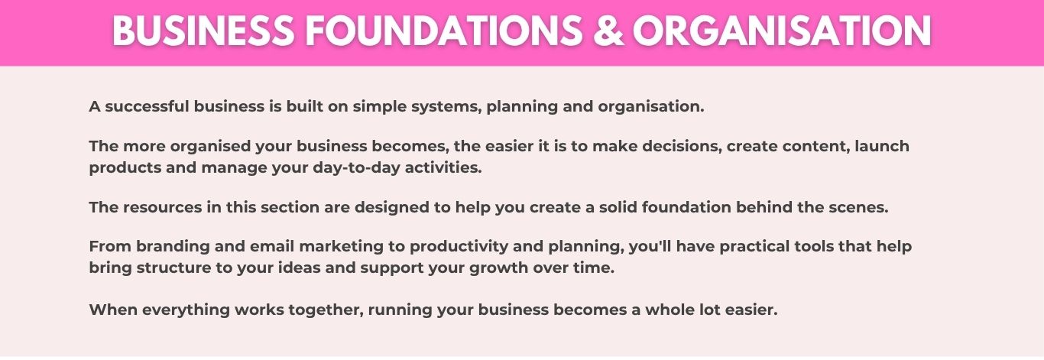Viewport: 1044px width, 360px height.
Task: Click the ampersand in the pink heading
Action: click(x=608, y=31)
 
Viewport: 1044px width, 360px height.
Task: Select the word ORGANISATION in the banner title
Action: click(x=782, y=31)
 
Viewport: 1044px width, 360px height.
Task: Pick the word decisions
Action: click(x=682, y=147)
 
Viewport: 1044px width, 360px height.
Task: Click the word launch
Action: click(x=882, y=146)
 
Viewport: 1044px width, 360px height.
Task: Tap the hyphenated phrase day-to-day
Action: click(x=356, y=168)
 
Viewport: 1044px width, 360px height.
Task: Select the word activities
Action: click(x=443, y=167)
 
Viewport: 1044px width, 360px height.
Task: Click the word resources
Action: click(x=162, y=207)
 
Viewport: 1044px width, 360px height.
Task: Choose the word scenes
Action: click(x=858, y=207)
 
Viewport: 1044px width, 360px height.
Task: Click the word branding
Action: click(x=173, y=247)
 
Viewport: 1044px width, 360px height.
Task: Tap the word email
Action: click(x=272, y=246)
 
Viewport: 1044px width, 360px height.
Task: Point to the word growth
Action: click(x=499, y=268)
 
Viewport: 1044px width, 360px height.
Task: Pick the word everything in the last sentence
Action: click(x=186, y=310)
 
